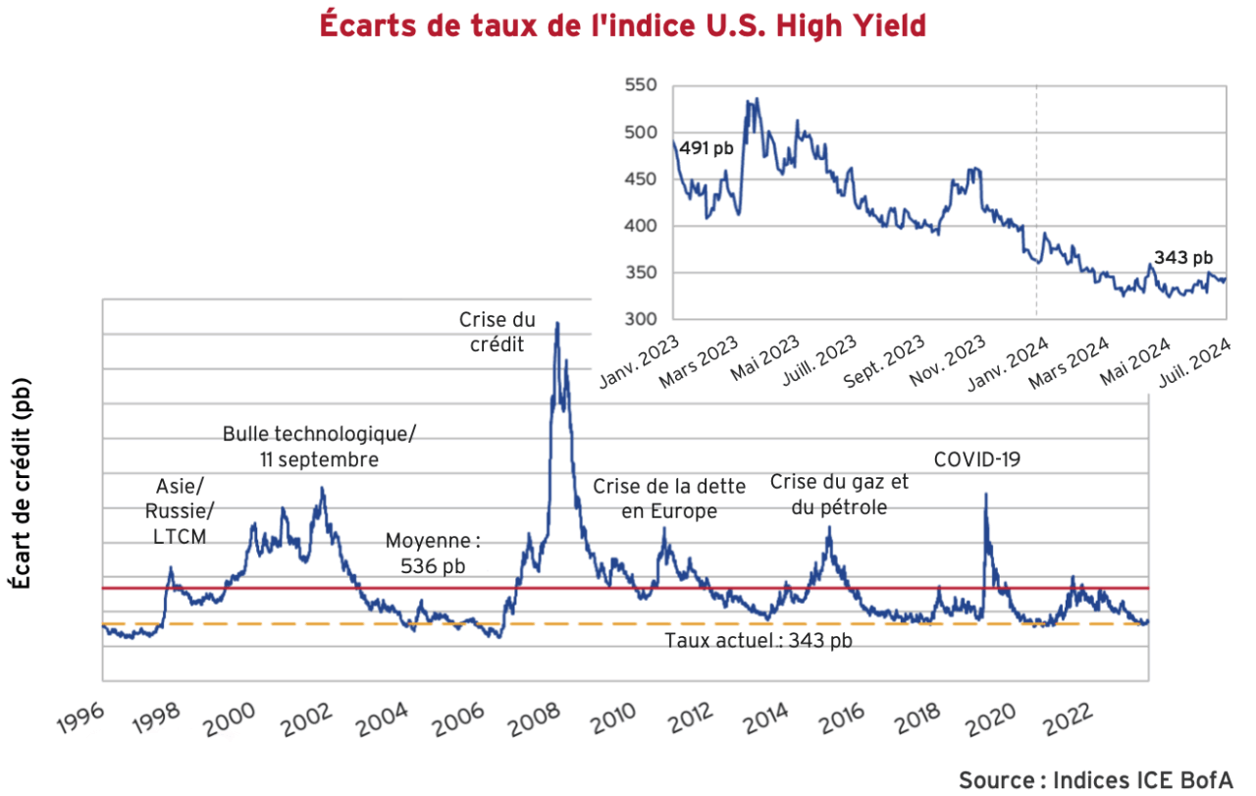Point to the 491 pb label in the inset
(x=706, y=148)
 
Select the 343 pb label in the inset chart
(x=1183, y=258)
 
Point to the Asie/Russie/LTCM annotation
(x=181, y=510)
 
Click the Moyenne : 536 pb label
(x=433, y=553)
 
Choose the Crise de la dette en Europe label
(x=669, y=499)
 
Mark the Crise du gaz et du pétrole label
(x=840, y=494)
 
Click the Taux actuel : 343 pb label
(x=758, y=641)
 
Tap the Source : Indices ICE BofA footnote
(x=1095, y=780)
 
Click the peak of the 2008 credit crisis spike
(x=557, y=323)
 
